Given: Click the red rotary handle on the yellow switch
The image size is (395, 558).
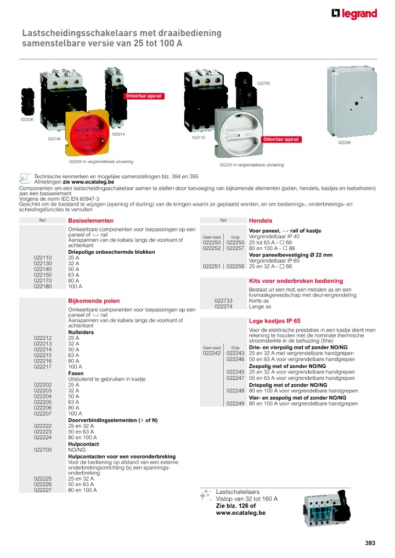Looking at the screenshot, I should point(88,134).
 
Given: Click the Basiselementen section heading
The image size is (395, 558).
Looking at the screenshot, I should point(87,220).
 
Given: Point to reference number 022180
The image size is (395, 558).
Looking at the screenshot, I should point(42,287).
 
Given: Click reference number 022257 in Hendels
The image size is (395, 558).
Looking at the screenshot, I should point(235,248).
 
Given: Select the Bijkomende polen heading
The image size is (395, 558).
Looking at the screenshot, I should point(93,301).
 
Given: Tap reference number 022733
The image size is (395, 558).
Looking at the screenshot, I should point(223,301).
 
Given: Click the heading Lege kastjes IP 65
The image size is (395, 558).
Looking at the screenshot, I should point(274,321).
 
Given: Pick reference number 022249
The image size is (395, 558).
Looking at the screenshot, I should point(235,403).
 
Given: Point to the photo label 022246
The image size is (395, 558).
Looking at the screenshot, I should point(344,143).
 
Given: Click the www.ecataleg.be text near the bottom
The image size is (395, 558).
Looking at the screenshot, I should point(240,513).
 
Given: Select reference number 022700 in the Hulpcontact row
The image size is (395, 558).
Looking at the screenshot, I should point(42,449).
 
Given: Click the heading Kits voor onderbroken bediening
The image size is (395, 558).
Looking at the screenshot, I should point(296,281).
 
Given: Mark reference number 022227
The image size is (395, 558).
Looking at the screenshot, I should point(42,490).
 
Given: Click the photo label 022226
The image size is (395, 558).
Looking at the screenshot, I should point(27,119).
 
